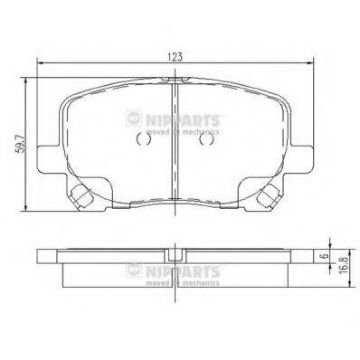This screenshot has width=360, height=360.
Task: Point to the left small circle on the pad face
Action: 140,139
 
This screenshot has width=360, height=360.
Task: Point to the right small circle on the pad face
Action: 206,139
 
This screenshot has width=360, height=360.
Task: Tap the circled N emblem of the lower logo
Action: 134,269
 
